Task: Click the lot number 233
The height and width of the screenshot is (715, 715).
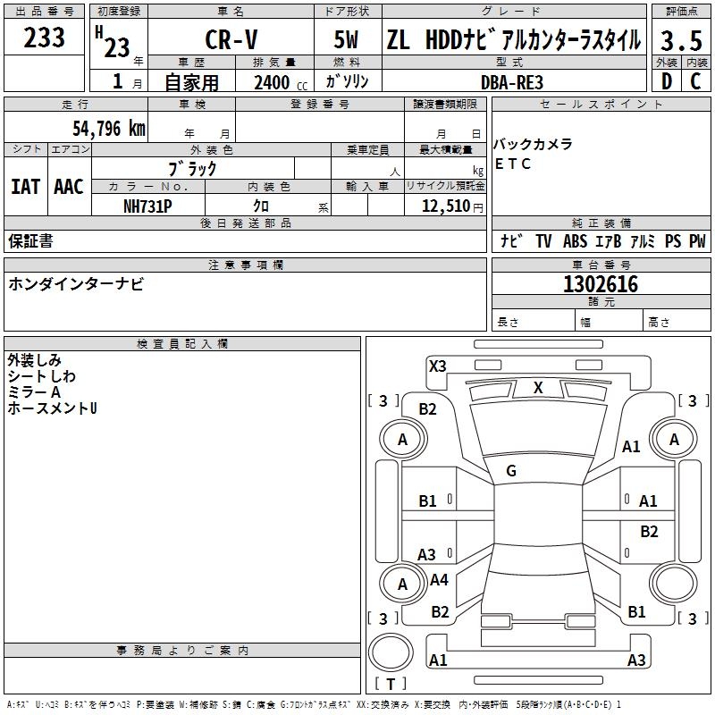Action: click(45, 38)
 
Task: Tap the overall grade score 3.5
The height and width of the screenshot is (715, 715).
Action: click(680, 41)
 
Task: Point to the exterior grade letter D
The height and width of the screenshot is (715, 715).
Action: click(666, 80)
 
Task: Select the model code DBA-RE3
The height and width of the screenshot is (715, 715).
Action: click(512, 82)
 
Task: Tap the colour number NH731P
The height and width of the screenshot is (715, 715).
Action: click(147, 206)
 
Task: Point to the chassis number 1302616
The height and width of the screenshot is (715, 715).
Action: click(601, 284)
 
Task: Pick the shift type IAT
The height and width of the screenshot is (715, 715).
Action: click(26, 186)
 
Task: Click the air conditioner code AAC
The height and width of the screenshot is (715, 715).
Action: click(69, 186)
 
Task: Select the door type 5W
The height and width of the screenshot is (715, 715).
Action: click(347, 41)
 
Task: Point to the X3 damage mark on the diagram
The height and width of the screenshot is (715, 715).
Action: click(437, 366)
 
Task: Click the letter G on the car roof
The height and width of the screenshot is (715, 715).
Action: click(511, 470)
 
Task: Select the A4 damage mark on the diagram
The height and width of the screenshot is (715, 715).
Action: click(439, 580)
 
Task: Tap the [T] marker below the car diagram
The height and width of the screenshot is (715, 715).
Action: click(390, 684)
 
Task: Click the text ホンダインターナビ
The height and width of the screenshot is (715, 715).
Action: click(76, 283)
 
